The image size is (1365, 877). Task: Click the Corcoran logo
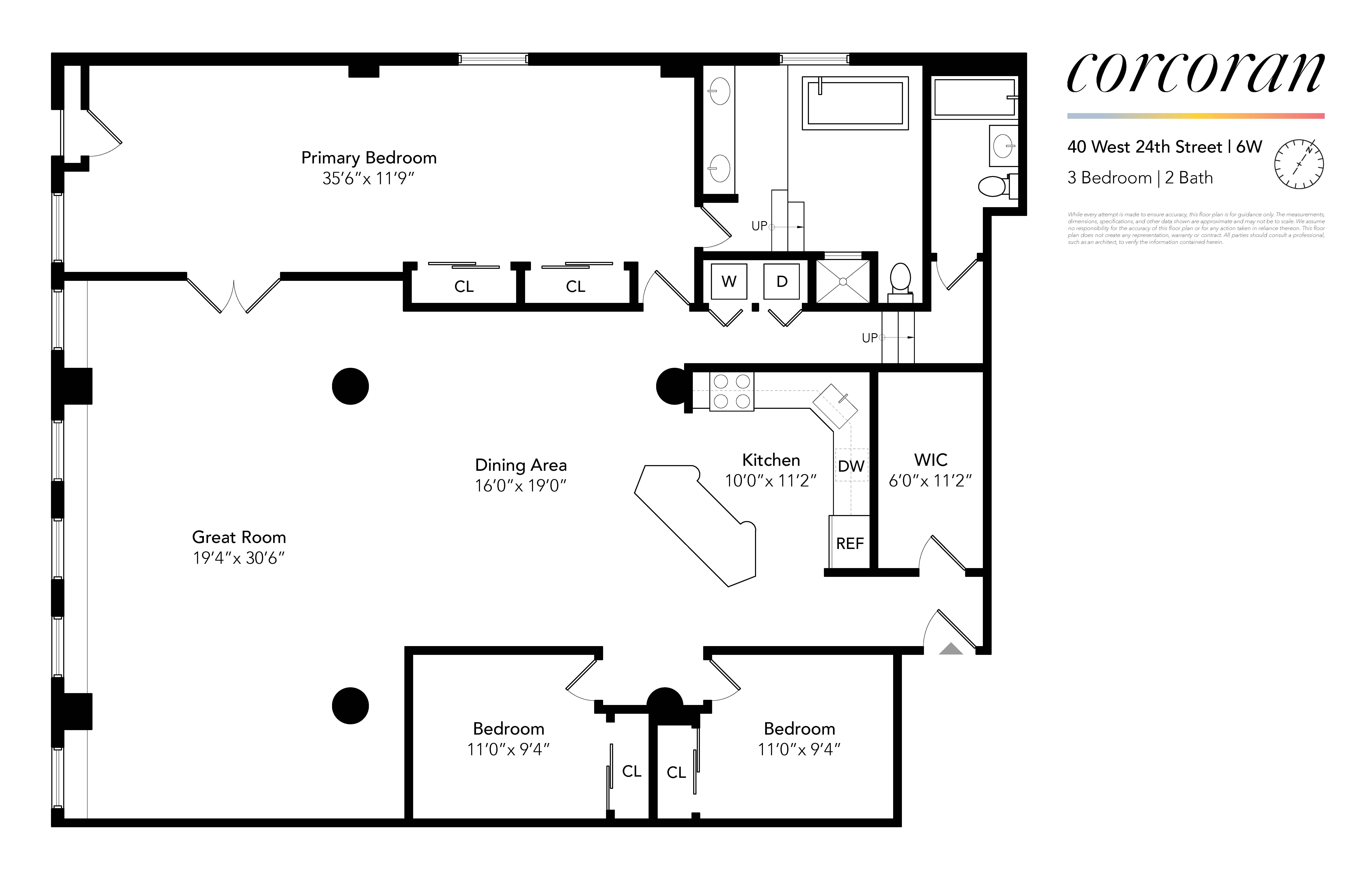[1195, 73]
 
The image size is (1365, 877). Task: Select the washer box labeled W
[729, 281]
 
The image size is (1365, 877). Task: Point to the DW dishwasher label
[851, 466]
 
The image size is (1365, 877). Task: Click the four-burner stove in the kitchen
[732, 391]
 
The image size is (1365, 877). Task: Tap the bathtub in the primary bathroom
[855, 103]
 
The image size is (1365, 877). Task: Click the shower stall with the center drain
[843, 281]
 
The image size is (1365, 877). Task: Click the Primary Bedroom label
[368, 158]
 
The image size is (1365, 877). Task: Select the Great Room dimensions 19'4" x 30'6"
[239, 558]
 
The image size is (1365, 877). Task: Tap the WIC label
[930, 460]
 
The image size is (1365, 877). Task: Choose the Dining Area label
[520, 465]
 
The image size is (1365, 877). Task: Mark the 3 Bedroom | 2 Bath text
[1140, 178]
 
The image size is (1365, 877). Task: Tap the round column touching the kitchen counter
[673, 386]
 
